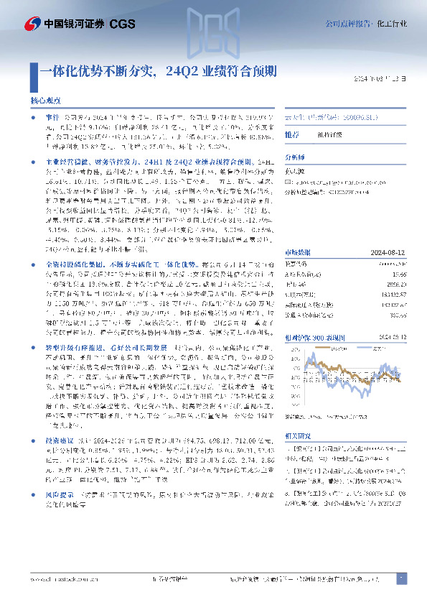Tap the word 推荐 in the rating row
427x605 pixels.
point(292,134)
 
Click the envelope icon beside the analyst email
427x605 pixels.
point(290,183)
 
